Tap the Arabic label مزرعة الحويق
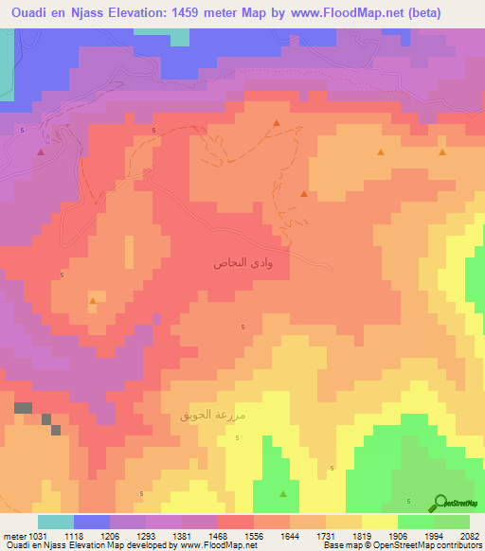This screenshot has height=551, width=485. pos(213,415)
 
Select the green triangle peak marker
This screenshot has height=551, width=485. pos(284,494)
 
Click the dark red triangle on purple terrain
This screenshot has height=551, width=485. pos(41,151)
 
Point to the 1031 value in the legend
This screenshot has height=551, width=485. pos(35,536)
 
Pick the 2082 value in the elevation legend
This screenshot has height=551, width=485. pos(470,536)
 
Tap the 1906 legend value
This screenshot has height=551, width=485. pos(398,536)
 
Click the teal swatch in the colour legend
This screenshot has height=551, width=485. pos(56,522)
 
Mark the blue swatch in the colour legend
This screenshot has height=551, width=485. pos(92,522)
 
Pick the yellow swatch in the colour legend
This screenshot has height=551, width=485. pos(380,522)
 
